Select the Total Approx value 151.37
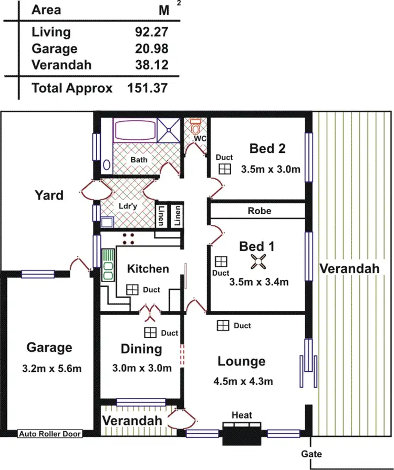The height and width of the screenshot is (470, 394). [147, 88]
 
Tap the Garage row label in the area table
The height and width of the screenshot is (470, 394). [54, 49]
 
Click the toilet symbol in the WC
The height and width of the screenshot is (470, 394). [196, 128]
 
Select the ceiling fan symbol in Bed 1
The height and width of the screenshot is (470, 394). [258, 262]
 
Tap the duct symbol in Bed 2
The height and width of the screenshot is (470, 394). [225, 169]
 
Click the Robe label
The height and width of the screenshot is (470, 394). [260, 211]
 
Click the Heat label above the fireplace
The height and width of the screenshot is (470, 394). [242, 415]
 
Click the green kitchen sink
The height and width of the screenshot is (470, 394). [108, 265]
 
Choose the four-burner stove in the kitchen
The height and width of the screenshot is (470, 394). [129, 239]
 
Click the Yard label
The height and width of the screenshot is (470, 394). [49, 195]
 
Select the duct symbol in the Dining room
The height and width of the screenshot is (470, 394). [151, 332]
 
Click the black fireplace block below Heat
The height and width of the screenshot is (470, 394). [242, 434]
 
